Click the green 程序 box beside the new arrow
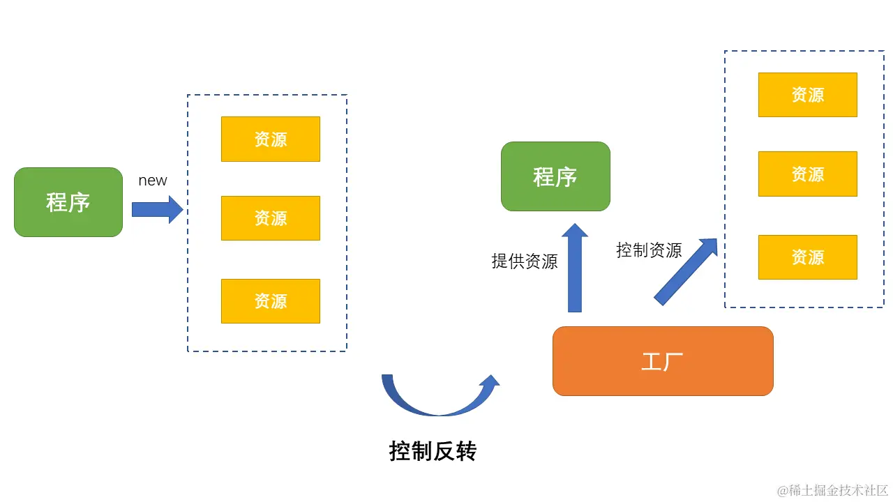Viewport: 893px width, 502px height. coord(68,202)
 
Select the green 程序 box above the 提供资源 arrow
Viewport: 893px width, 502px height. coord(555,176)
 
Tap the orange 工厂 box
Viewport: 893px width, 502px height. coord(663,361)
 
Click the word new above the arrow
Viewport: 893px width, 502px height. coord(153,181)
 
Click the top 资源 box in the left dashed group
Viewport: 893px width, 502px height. coord(271,139)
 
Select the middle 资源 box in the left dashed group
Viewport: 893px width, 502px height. coord(271,218)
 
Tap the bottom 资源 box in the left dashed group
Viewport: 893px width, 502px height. coord(271,301)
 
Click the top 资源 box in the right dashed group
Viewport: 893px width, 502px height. coord(808,95)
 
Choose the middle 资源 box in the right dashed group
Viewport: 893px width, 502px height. coord(808,174)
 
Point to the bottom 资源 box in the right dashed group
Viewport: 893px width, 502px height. coord(808,257)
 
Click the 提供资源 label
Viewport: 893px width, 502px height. coord(525,261)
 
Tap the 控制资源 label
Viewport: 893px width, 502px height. coord(649,250)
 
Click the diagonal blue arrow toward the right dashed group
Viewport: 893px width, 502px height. coord(685,272)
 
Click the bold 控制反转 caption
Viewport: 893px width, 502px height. coord(433,452)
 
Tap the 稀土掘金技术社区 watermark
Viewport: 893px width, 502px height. coord(833,490)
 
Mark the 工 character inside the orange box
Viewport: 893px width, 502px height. coord(651,362)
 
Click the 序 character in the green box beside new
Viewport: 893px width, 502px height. coord(80,202)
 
